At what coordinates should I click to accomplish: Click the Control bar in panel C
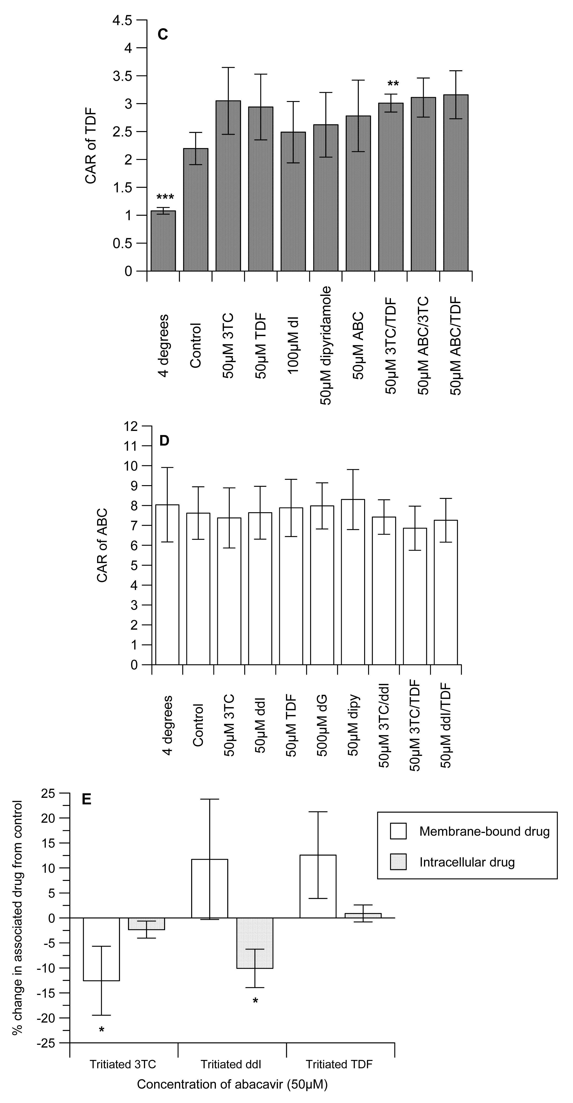[196, 210]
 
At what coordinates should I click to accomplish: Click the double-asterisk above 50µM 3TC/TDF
[393, 84]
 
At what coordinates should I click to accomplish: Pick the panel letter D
[164, 441]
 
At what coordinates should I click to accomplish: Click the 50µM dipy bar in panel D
[353, 582]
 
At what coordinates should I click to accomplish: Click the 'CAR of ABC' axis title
[102, 545]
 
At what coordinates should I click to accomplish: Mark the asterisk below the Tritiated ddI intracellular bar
[255, 1001]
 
